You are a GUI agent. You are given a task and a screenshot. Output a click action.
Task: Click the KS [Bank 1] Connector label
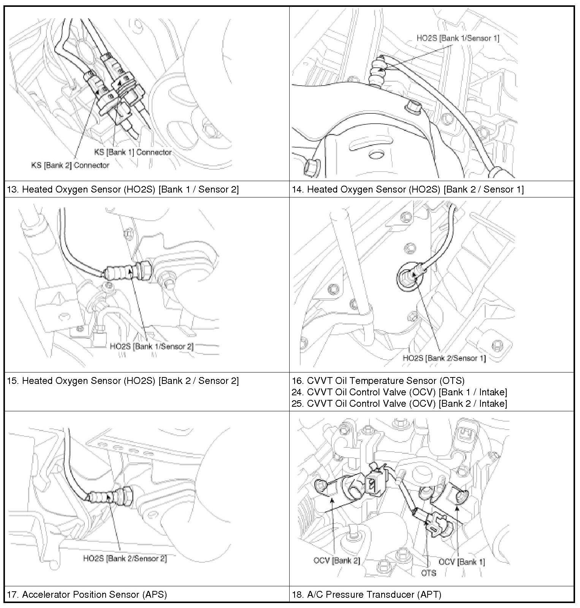point(133,152)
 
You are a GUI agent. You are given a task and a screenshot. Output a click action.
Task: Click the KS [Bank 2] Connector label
point(70,165)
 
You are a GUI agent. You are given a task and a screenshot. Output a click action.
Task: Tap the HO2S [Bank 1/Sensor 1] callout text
point(458,38)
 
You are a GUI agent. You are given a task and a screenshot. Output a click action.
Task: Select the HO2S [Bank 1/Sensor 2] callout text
point(151,346)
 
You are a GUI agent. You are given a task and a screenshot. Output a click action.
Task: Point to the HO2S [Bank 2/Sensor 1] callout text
point(444,358)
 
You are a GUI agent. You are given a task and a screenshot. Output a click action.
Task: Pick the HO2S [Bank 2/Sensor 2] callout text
point(125,559)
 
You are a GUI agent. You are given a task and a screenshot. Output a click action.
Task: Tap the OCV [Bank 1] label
point(461,562)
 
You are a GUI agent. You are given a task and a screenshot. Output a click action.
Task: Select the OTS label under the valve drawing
point(428,573)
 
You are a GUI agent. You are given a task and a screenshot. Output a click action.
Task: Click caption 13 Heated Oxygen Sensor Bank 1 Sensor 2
point(123,189)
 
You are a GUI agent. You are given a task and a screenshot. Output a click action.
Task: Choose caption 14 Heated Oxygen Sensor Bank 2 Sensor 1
point(407,189)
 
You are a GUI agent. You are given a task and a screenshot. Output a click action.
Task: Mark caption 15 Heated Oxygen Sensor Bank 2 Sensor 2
point(123,381)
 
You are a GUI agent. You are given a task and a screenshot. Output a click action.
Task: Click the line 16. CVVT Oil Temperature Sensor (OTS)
point(378,381)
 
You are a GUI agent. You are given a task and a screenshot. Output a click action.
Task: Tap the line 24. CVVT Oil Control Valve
point(399,392)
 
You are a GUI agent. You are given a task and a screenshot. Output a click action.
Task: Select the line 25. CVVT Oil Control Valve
point(399,404)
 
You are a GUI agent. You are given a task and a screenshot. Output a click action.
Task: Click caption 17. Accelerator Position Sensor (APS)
point(87,594)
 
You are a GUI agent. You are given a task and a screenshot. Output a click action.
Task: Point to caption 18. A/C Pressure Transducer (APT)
point(366,594)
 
